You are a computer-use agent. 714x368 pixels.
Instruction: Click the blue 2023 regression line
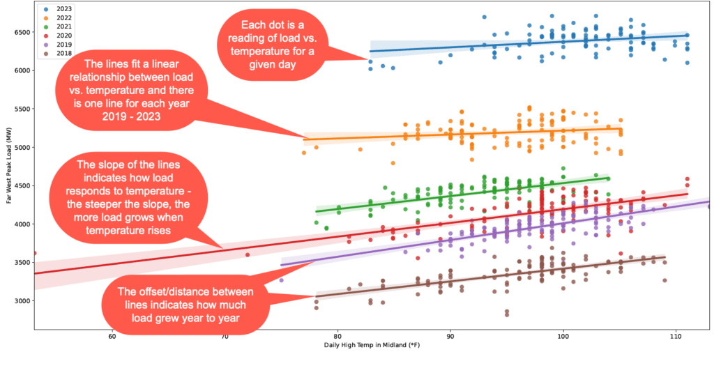pos(523,44)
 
